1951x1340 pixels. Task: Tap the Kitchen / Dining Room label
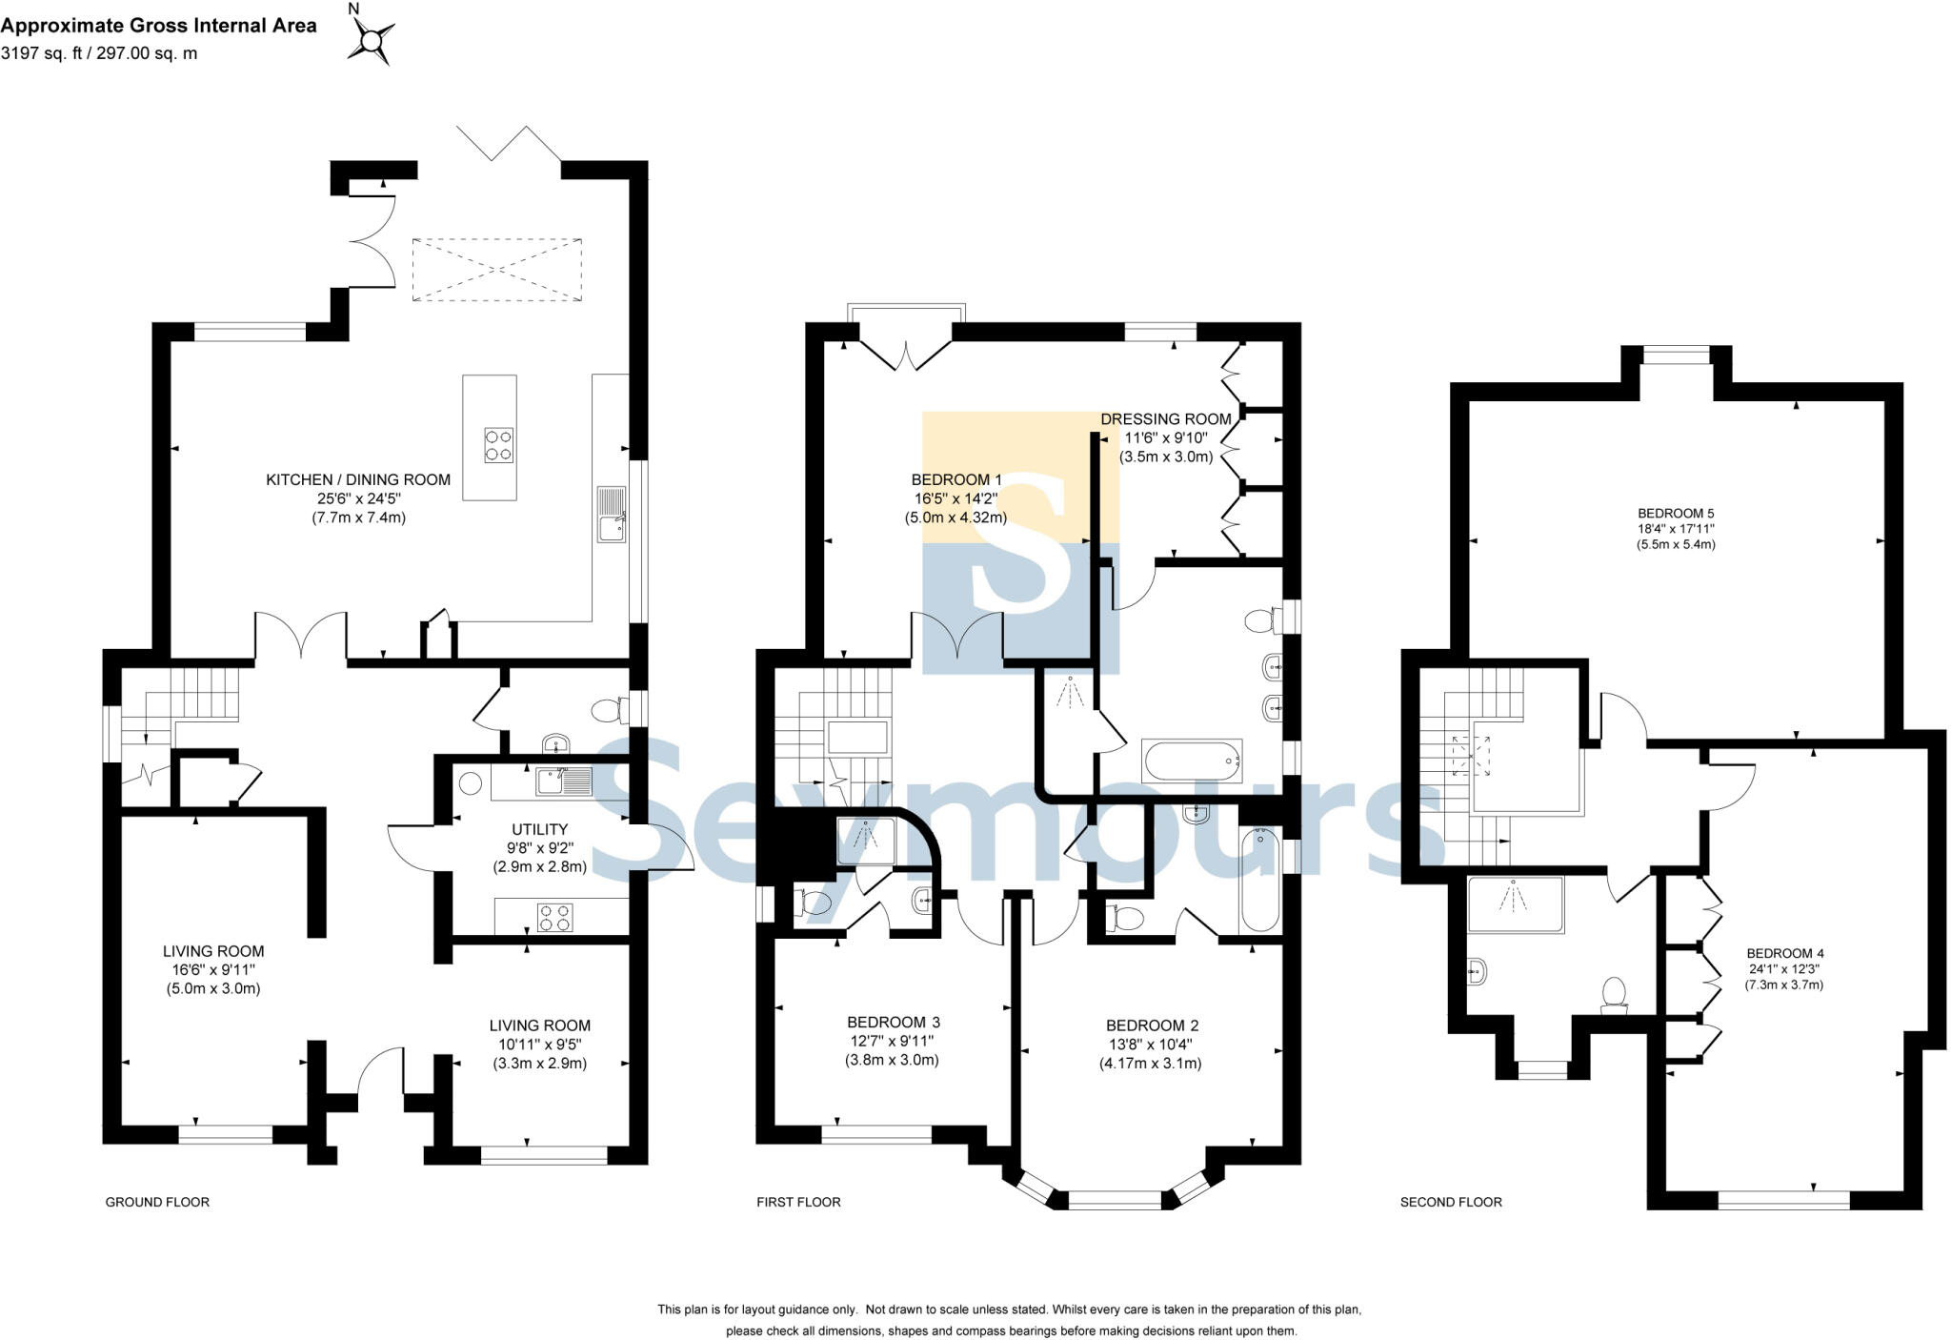click(x=357, y=479)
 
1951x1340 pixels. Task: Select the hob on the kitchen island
click(x=498, y=445)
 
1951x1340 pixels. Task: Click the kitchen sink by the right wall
click(x=611, y=515)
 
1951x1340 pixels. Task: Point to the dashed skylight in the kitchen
click(x=496, y=270)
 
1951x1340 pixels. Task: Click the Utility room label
click(x=539, y=829)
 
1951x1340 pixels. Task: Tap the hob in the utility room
click(x=554, y=918)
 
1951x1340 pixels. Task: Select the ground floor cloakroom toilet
click(x=607, y=711)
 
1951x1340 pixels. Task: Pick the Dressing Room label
click(x=1165, y=419)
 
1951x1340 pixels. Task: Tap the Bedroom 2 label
click(x=1152, y=1025)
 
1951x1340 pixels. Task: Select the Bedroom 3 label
click(x=893, y=1022)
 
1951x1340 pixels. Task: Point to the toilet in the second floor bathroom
click(x=1614, y=995)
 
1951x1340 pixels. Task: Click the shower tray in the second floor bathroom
click(x=1516, y=903)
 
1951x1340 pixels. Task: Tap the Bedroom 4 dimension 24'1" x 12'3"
click(x=1783, y=968)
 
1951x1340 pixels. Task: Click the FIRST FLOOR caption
click(x=798, y=1202)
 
